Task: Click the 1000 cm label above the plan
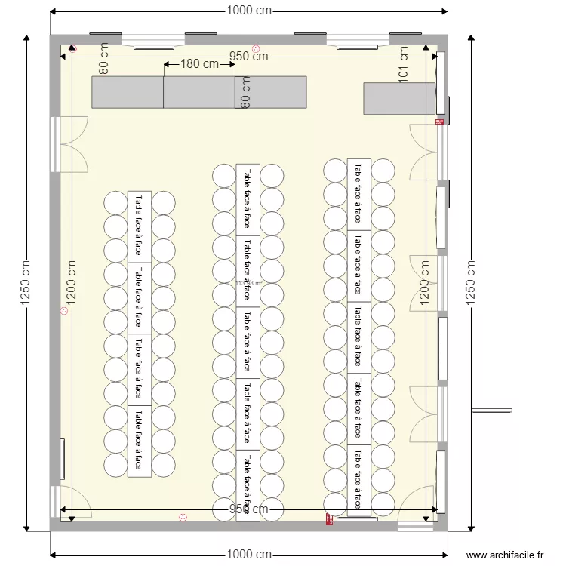[x=248, y=11]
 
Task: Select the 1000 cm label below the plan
[x=248, y=555]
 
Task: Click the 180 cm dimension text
[x=199, y=64]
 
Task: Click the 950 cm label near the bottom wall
[x=248, y=509]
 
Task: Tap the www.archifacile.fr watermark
[x=505, y=555]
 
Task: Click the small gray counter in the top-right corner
[x=399, y=98]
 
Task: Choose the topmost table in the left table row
[x=139, y=226]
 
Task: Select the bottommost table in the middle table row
[x=248, y=485]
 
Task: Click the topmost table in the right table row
[x=358, y=194]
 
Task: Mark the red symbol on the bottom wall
[x=329, y=518]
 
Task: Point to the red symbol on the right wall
[x=439, y=121]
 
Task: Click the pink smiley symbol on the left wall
[x=64, y=310]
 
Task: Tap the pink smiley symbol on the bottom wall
[x=183, y=518]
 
